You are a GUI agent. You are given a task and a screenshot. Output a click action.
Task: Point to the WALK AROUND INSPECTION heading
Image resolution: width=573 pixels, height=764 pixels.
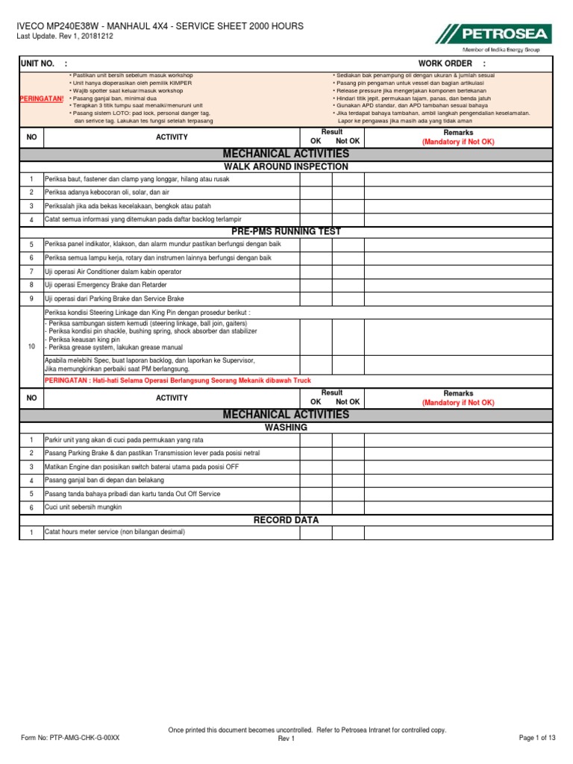click(x=286, y=166)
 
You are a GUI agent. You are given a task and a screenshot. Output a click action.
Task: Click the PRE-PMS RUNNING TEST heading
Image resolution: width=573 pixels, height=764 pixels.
click(x=286, y=231)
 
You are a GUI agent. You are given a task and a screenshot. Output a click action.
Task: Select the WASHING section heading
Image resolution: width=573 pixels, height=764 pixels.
click(x=286, y=428)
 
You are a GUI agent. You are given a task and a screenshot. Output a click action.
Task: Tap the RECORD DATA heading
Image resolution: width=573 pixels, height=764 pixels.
click(x=286, y=519)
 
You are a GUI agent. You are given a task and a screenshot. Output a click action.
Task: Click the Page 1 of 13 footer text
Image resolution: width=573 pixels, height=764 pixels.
click(x=537, y=738)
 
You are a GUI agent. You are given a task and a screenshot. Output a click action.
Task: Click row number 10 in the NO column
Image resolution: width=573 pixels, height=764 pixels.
click(x=31, y=347)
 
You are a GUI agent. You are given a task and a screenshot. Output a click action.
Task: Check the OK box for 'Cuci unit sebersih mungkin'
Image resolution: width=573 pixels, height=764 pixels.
click(x=316, y=507)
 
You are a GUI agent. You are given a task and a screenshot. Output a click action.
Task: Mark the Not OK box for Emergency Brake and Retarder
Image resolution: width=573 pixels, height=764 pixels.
click(x=348, y=285)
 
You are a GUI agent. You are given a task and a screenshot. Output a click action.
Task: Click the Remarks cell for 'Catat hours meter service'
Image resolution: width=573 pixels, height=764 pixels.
click(x=458, y=532)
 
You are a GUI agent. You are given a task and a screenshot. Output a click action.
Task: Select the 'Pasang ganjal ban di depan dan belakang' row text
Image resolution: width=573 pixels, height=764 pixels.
click(x=105, y=480)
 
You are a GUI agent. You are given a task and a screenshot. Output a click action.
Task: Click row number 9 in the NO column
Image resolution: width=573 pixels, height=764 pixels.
click(x=31, y=298)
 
